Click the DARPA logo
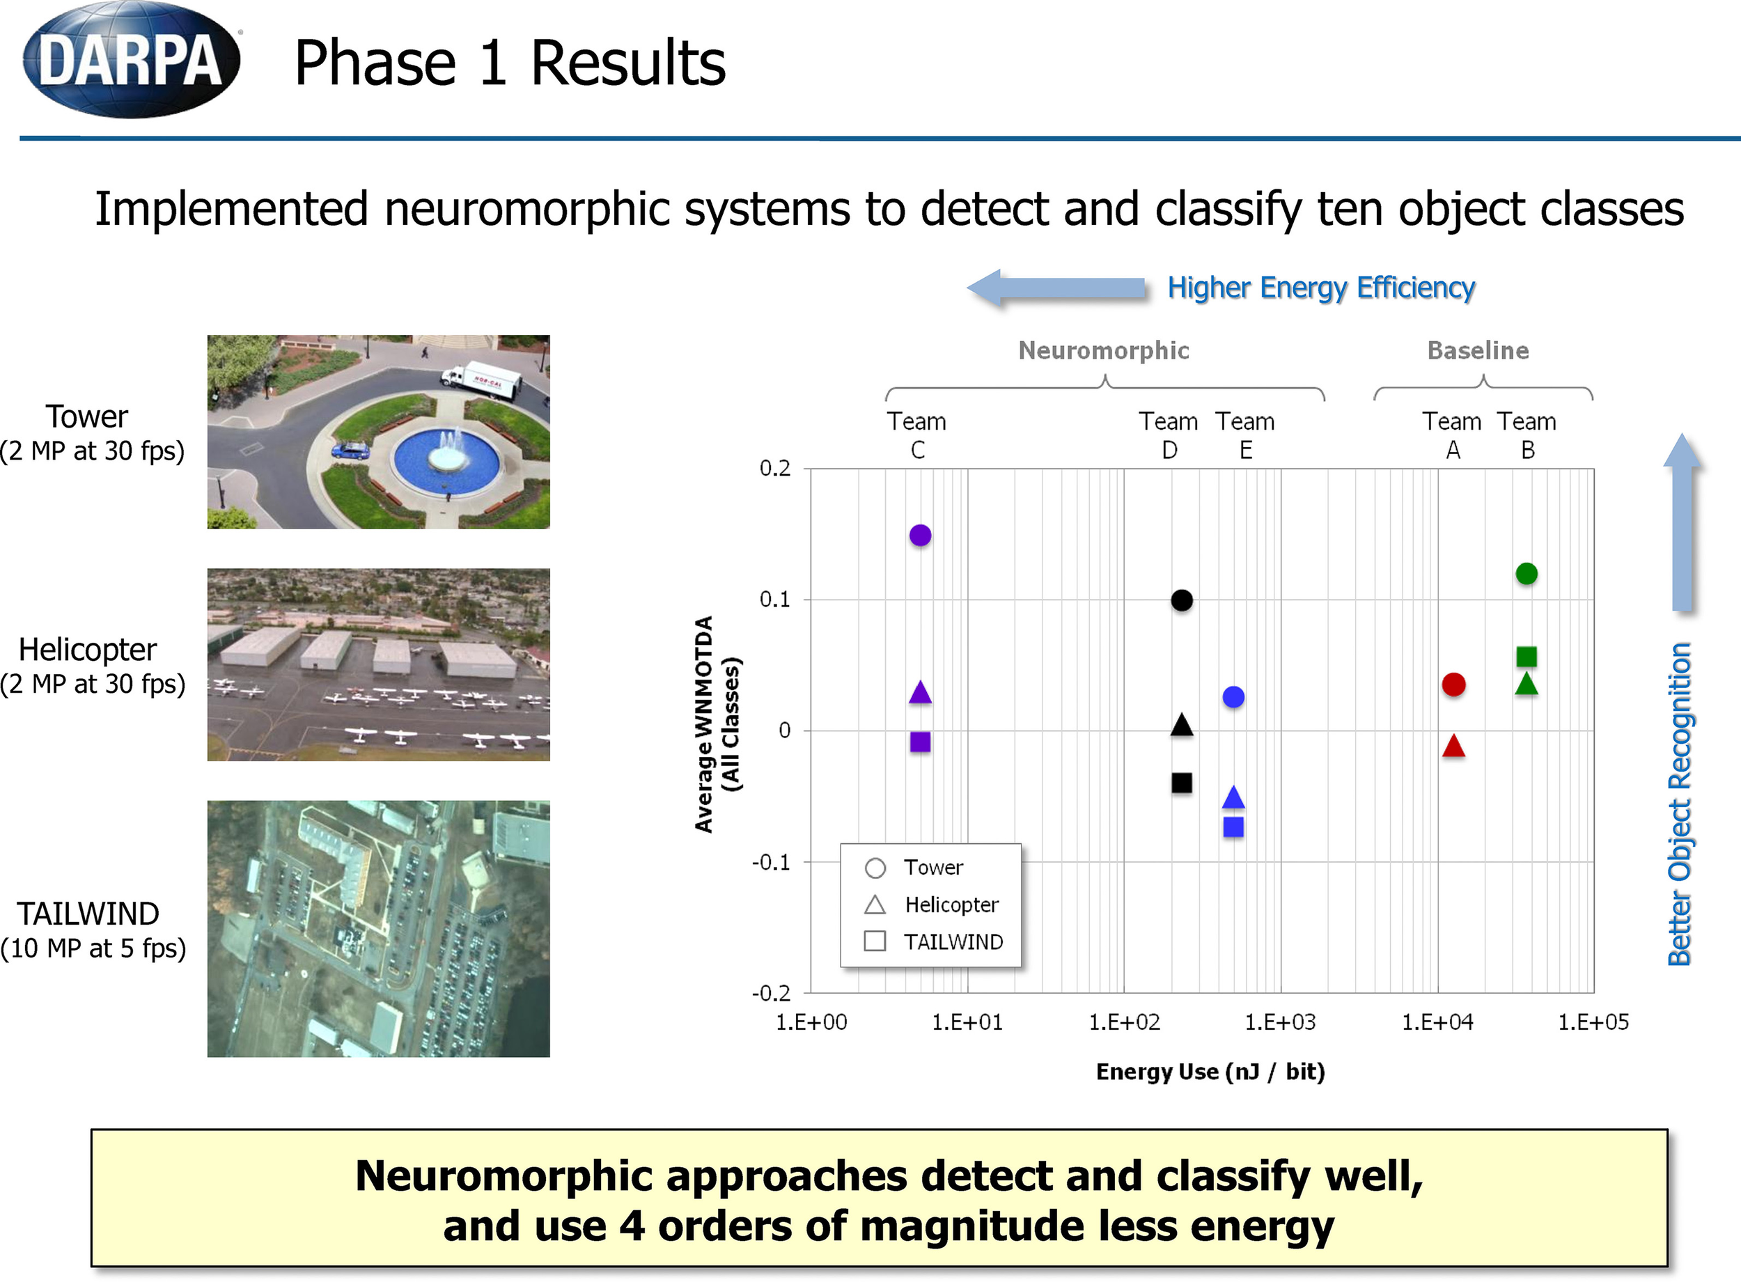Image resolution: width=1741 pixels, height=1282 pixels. click(x=130, y=61)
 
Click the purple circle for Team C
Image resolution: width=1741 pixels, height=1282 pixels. click(x=919, y=536)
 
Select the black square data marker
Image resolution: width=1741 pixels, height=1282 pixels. click(x=1181, y=783)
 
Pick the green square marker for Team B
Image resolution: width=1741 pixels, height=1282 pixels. click(x=1526, y=657)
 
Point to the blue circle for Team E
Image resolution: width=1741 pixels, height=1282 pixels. click(x=1233, y=697)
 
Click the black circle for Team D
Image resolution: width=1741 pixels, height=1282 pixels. click(x=1181, y=600)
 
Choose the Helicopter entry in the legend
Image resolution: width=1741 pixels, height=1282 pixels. click(x=951, y=905)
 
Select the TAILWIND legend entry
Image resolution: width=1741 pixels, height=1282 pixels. click(x=953, y=942)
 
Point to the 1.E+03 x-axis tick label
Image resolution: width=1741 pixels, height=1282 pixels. click(x=1280, y=1022)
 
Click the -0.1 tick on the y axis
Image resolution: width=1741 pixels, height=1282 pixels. click(x=771, y=862)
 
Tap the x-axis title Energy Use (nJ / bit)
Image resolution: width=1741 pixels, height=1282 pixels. click(x=1210, y=1072)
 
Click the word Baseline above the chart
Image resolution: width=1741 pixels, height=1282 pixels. click(x=1478, y=351)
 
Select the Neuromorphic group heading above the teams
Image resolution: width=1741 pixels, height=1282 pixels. click(x=1103, y=351)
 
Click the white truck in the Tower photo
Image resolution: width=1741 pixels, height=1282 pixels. click(x=482, y=378)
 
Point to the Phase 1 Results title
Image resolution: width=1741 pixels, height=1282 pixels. click(x=510, y=63)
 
